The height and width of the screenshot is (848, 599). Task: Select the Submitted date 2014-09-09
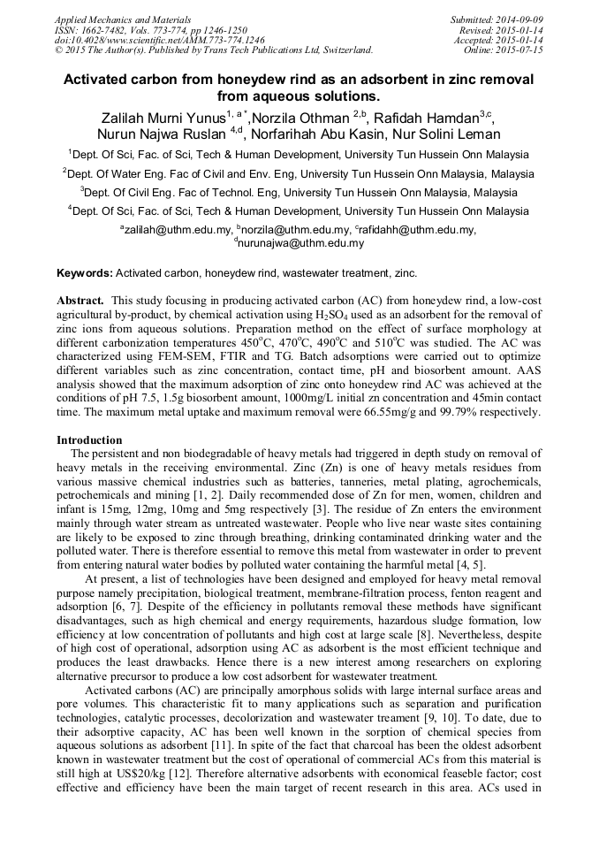click(x=519, y=19)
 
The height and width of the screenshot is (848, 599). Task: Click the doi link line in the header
click(x=159, y=40)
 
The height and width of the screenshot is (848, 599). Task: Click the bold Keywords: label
click(x=85, y=274)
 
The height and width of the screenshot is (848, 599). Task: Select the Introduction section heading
click(x=89, y=439)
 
